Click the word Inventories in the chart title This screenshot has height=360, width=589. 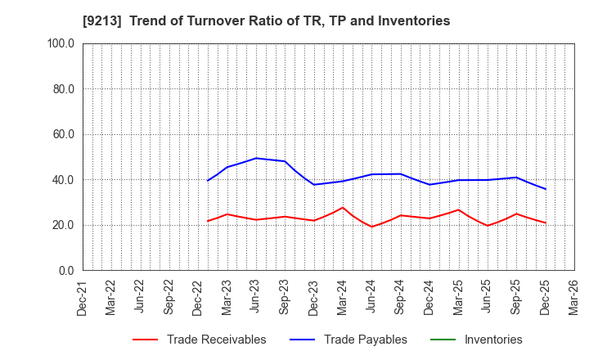point(414,21)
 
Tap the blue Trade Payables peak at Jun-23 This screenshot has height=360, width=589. point(256,158)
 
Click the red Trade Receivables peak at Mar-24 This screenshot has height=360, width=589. point(343,208)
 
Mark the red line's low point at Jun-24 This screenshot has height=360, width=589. point(372,227)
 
